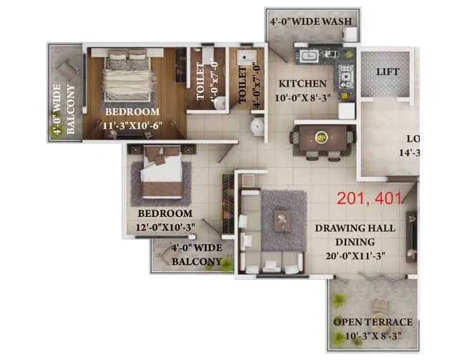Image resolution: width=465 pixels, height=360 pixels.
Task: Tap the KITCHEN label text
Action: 303,83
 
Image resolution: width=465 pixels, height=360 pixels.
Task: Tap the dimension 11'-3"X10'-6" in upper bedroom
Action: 132,125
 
